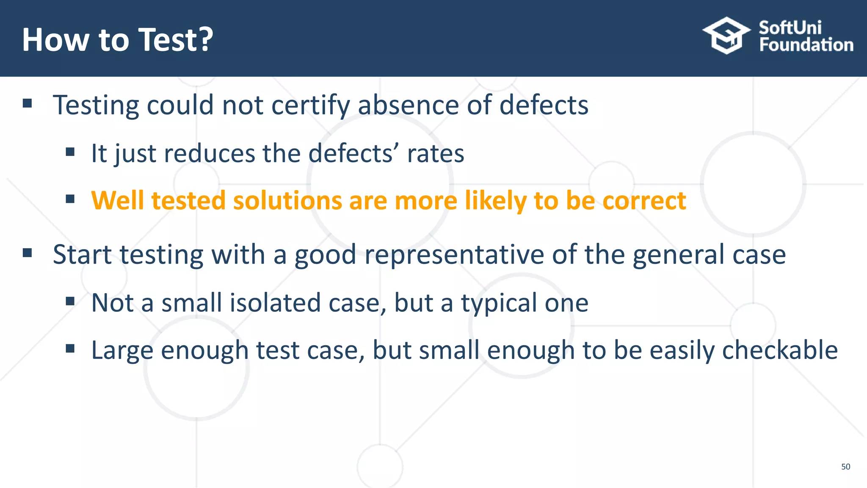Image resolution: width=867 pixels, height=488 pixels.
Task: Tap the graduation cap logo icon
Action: [x=726, y=36]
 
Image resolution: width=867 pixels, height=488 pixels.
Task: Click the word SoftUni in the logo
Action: [x=790, y=28]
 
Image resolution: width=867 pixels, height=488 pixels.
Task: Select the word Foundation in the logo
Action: [x=806, y=45]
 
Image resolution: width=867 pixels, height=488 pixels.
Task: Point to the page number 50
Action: [x=845, y=466]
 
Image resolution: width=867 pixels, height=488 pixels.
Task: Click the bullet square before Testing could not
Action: [x=28, y=103]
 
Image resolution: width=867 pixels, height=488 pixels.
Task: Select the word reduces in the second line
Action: [x=209, y=153]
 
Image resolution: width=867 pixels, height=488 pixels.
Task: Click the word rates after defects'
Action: [x=435, y=153]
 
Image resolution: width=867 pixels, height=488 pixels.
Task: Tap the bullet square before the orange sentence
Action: [x=70, y=199]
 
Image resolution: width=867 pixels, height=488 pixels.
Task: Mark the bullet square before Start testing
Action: [x=28, y=253]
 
